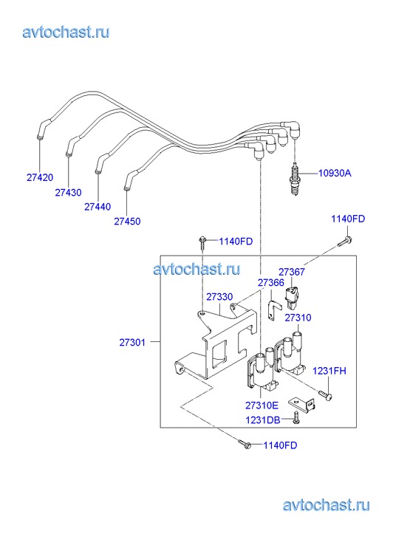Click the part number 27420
click(40, 177)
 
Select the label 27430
click(69, 193)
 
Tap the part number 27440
click(98, 207)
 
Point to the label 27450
click(127, 222)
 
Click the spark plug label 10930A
click(335, 173)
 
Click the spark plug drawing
click(294, 179)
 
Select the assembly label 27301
click(132, 342)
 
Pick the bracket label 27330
click(219, 297)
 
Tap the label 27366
click(270, 283)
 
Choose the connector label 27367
click(292, 272)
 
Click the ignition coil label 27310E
click(262, 406)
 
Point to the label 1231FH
click(329, 371)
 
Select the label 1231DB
click(263, 420)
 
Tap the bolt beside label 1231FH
click(325, 396)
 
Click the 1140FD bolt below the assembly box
click(246, 444)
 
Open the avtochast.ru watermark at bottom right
click(327, 505)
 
